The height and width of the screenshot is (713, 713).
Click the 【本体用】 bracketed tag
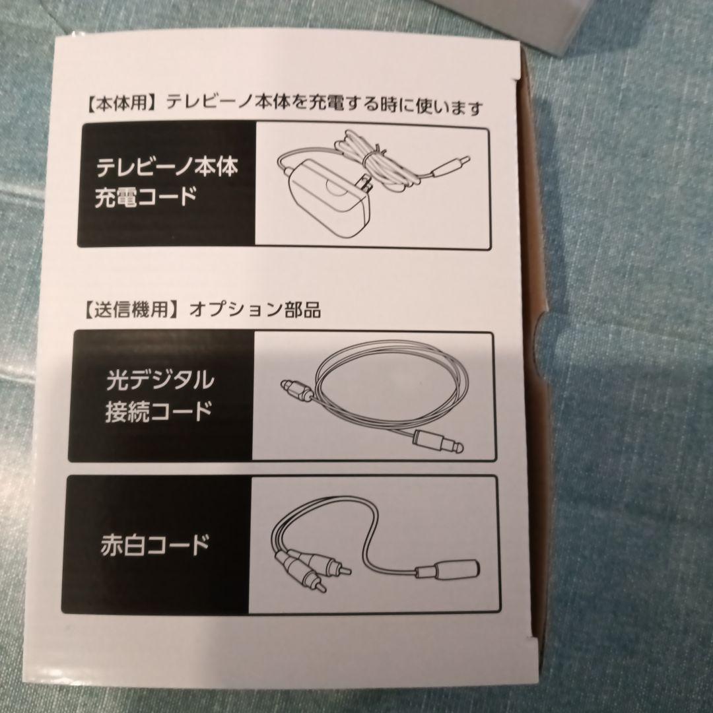point(121,104)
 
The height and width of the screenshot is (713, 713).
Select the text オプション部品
point(255,310)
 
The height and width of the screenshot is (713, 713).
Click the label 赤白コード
point(154,545)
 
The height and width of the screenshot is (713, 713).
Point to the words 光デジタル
point(160,380)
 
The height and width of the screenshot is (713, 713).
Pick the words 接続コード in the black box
point(158,412)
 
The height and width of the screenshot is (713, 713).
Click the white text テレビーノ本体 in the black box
point(167,167)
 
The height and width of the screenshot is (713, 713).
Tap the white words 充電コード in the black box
point(145,197)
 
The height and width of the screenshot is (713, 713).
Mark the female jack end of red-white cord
point(448,569)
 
